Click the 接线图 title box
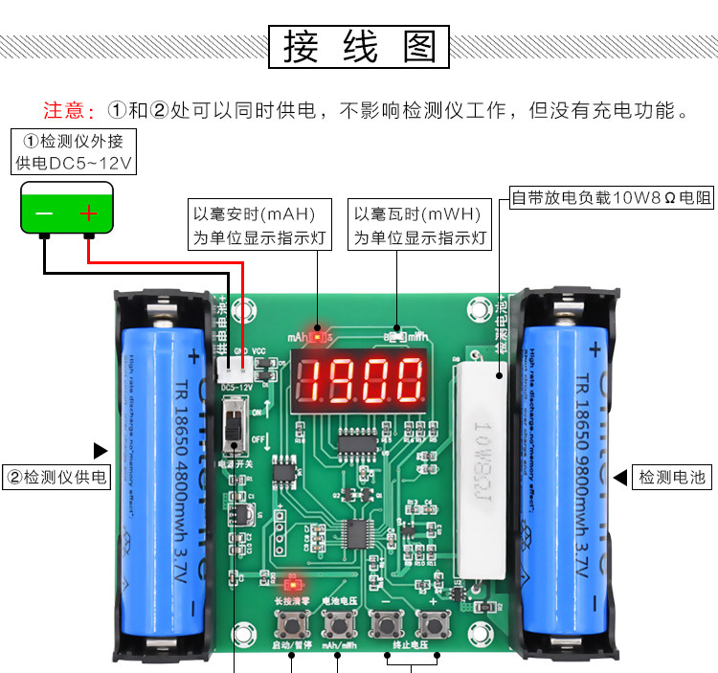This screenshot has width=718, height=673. tap(359, 47)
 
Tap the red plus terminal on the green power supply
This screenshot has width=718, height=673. tap(88, 213)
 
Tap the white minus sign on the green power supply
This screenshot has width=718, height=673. tap(44, 213)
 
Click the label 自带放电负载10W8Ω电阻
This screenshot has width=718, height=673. tap(612, 198)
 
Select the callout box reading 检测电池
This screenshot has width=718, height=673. tap(673, 477)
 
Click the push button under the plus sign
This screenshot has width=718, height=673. tap(432, 626)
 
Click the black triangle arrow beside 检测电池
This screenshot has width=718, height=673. tap(619, 477)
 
